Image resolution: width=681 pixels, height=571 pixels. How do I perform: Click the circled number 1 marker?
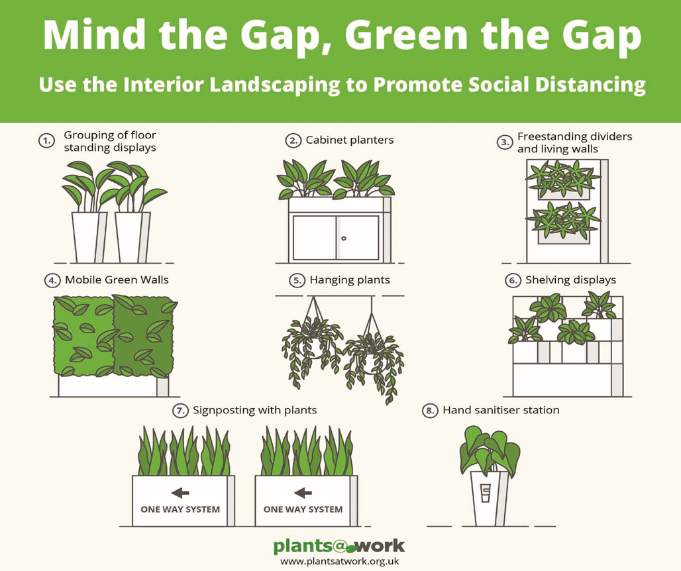click(46, 140)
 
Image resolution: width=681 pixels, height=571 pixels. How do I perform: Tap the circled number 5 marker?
click(297, 280)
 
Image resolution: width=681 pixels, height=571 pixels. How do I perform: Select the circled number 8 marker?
click(431, 411)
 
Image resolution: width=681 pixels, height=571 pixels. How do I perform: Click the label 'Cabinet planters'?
click(350, 140)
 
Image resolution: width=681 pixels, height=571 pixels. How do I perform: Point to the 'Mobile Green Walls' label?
click(117, 280)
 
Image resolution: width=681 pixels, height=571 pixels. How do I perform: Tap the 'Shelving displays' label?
click(570, 280)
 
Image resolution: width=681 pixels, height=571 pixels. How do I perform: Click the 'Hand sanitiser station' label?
click(501, 410)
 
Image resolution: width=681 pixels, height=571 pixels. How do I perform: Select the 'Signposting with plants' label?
click(254, 410)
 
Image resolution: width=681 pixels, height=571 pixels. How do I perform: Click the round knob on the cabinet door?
click(344, 238)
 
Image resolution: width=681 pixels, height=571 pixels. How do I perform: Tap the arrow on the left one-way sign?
click(180, 492)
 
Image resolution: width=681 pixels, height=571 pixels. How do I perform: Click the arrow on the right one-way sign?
click(303, 492)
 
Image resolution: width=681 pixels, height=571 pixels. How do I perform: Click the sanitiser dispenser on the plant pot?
click(486, 494)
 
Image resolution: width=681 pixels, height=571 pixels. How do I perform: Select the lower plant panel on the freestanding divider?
click(562, 222)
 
